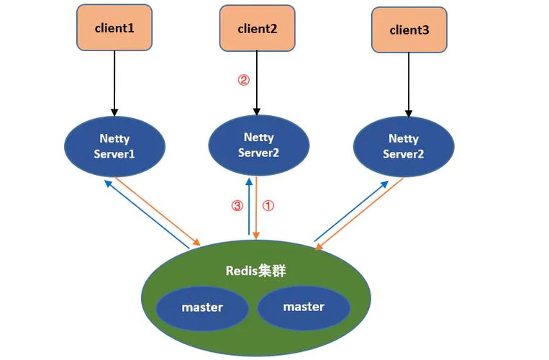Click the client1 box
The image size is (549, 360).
(x=114, y=29)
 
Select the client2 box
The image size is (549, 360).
(x=257, y=29)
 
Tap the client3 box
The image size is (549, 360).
(x=409, y=30)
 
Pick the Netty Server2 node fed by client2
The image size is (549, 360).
(x=258, y=144)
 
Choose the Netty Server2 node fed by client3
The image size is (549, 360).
(x=404, y=146)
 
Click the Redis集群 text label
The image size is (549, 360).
(x=255, y=271)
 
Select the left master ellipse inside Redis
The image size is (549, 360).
(x=202, y=307)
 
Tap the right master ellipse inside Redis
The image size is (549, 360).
(x=303, y=307)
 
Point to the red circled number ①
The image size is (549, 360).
(x=268, y=206)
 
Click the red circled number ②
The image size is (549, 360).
(x=243, y=81)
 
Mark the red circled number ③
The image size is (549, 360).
(x=237, y=206)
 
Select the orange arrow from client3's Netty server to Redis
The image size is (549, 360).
(x=360, y=215)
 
